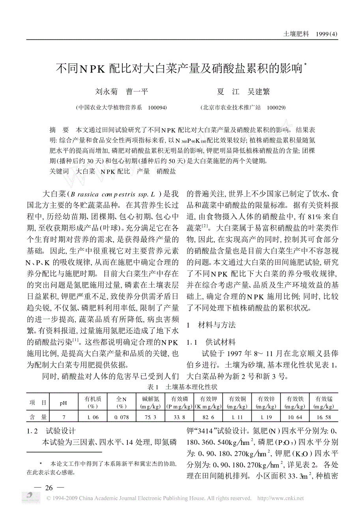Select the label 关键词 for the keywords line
click(x=59, y=172)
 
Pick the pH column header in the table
click(x=63, y=403)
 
